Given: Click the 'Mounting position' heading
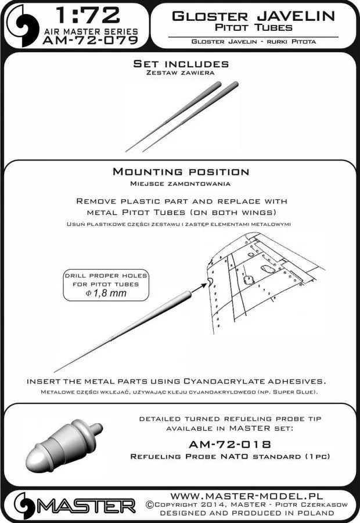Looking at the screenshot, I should point(180,172).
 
